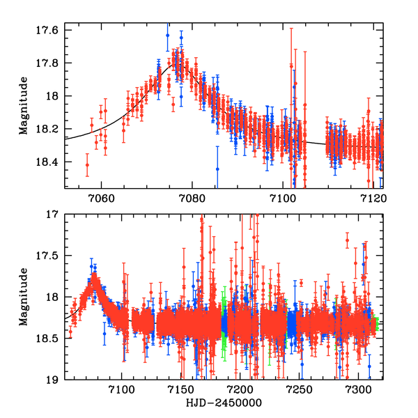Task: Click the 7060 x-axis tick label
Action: (101, 197)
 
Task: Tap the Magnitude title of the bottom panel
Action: (24, 297)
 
